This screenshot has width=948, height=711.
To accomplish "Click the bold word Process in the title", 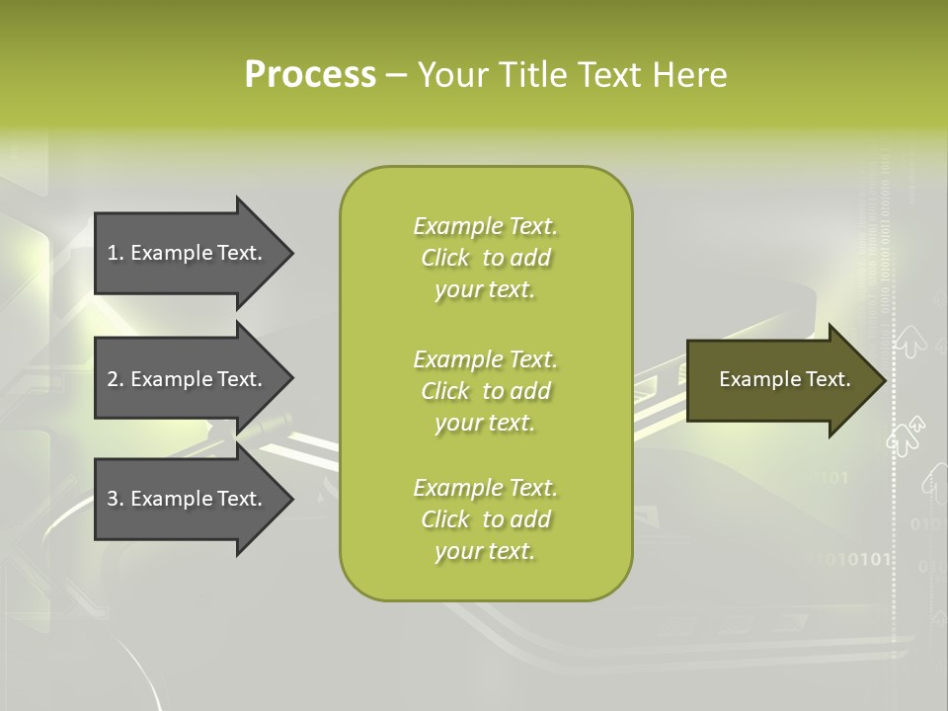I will (310, 75).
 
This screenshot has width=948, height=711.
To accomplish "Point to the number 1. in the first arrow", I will (116, 253).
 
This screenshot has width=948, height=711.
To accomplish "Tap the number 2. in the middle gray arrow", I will (116, 379).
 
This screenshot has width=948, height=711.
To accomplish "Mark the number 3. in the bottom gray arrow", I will (116, 499).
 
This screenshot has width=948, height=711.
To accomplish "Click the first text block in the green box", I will (486, 258).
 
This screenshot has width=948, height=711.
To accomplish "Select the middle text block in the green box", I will (486, 391).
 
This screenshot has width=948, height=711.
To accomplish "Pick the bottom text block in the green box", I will (486, 519).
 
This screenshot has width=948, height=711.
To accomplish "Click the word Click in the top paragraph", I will (445, 258).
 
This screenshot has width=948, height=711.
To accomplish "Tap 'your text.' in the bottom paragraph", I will (485, 551).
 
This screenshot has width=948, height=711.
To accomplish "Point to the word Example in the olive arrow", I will (755, 379).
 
